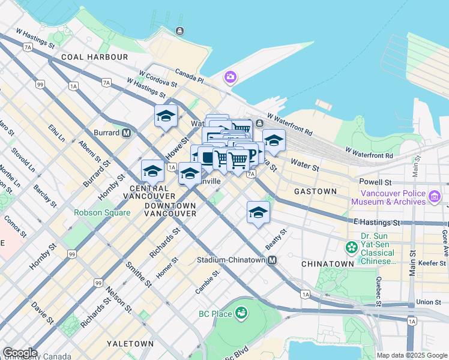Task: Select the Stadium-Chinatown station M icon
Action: click(x=273, y=260)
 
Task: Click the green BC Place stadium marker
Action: click(x=241, y=313)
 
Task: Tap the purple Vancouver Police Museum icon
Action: click(x=435, y=196)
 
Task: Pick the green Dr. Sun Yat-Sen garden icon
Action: click(x=351, y=247)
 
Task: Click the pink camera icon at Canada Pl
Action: click(x=230, y=77)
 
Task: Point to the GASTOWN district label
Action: click(x=315, y=191)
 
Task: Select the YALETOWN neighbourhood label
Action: click(x=130, y=344)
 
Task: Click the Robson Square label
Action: click(x=101, y=212)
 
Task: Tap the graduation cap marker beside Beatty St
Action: click(x=258, y=212)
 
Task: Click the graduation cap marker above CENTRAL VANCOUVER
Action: click(x=152, y=171)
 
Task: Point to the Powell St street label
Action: click(x=375, y=181)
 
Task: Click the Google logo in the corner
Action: click(x=20, y=353)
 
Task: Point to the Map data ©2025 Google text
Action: click(x=412, y=355)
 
